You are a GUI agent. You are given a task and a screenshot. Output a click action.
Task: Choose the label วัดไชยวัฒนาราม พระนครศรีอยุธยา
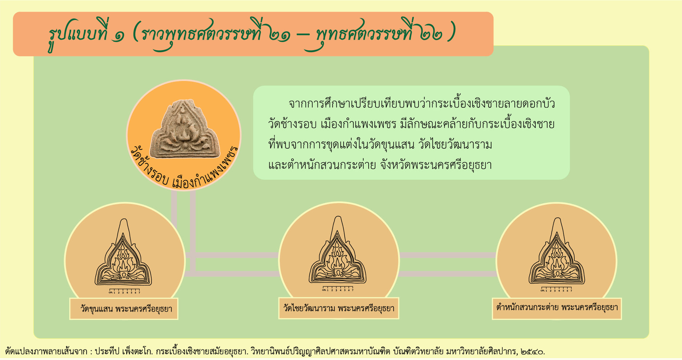click(339, 308)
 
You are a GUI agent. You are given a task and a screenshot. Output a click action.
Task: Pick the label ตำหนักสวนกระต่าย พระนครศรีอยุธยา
click(557, 308)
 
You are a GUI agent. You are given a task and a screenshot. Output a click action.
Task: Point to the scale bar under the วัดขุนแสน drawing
click(124, 291)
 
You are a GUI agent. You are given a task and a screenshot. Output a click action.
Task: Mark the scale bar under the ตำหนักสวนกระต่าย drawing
click(556, 289)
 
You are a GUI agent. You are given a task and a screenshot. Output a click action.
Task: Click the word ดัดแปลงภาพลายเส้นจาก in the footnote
click(46, 351)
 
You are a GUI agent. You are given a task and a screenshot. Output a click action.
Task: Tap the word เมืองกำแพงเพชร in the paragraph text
click(358, 124)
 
